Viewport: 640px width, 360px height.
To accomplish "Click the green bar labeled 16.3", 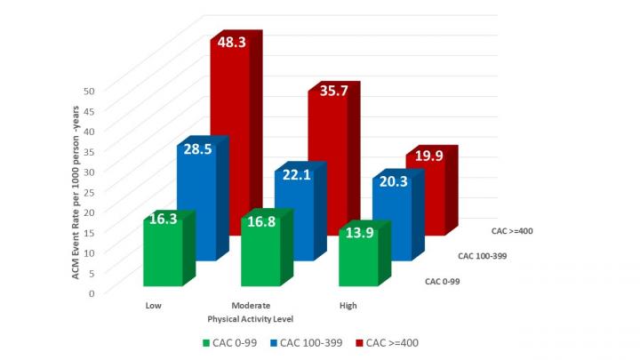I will (163, 253).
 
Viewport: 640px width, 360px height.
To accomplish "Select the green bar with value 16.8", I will (260, 252).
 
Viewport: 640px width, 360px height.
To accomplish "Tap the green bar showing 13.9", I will (357, 258).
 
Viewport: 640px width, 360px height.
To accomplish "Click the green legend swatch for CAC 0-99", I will (206, 341).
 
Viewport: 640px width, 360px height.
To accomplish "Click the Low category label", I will (153, 305).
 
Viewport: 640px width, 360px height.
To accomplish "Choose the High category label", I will (348, 305).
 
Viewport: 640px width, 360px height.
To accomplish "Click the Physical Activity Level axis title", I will (250, 317).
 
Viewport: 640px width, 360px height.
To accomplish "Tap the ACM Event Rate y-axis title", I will (78, 191).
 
